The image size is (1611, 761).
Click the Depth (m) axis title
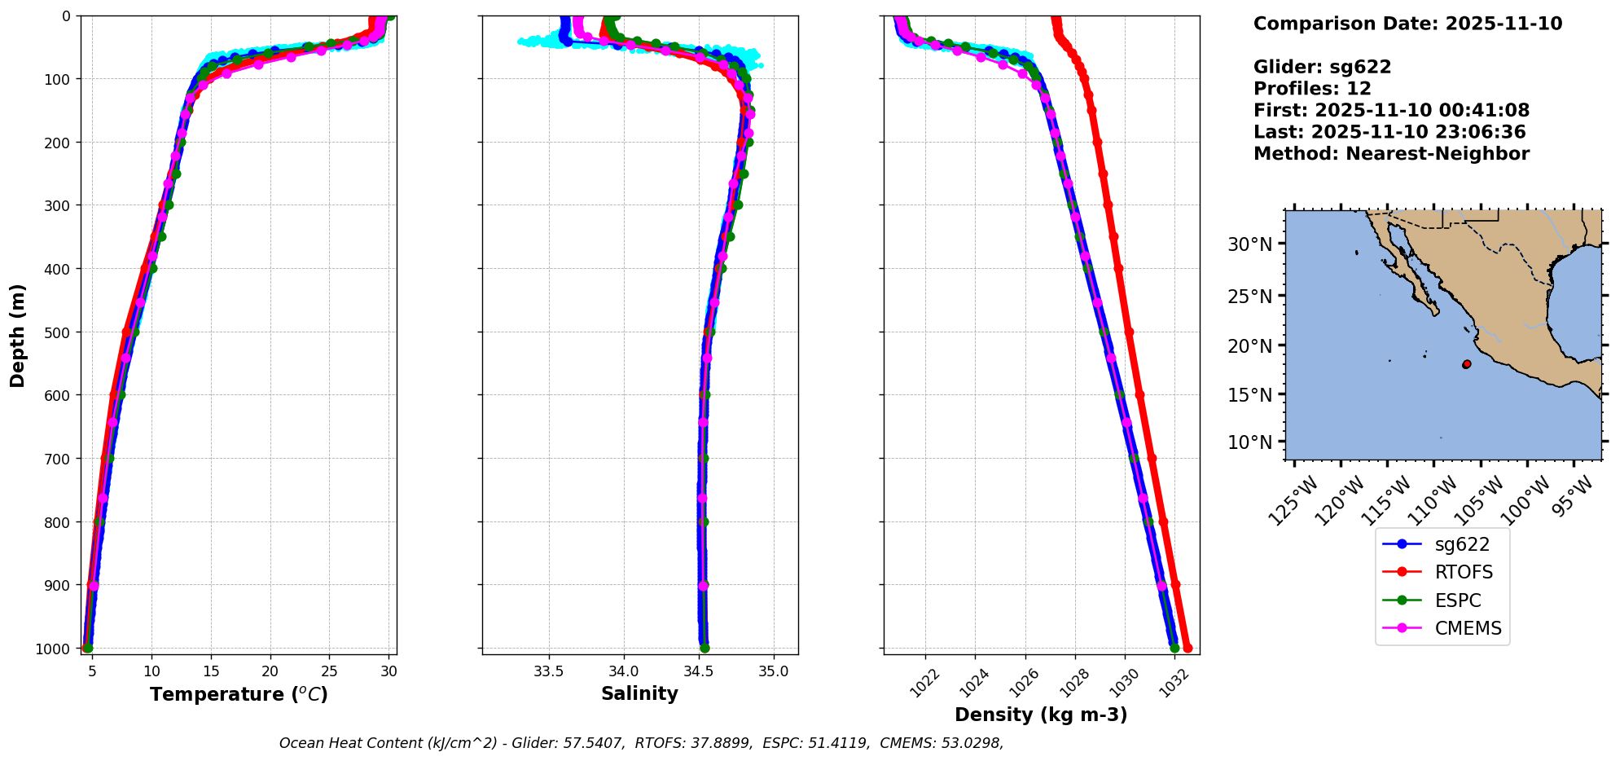pos(18,335)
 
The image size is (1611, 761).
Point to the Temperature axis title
pos(239,694)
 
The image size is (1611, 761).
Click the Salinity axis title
pos(639,693)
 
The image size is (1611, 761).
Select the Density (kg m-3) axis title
pos(1041,715)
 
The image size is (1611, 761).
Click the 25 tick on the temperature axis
pos(329,671)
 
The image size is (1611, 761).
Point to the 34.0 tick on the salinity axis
pos(624,671)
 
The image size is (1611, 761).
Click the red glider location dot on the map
pos(1467,364)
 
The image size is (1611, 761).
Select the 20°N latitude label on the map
pos(1249,346)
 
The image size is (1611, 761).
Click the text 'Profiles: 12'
pos(1312,89)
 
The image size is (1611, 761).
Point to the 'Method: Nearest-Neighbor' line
pos(1391,154)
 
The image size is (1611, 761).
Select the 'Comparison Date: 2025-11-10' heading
pos(1407,24)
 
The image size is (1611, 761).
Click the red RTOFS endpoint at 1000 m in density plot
pos(1187,649)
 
